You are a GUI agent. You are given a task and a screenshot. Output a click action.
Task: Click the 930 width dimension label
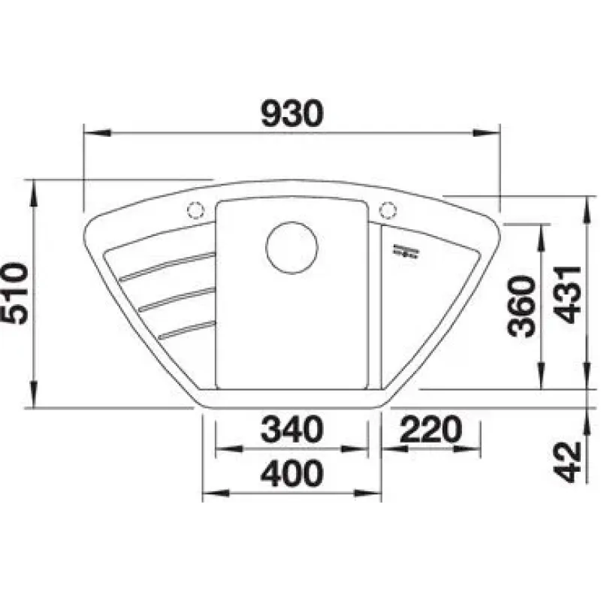coord(292,113)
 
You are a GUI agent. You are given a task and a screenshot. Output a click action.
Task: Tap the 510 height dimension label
coord(14,294)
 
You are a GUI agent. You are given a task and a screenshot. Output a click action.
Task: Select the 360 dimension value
coord(521,307)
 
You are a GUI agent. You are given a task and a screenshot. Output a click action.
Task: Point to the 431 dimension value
coord(569,294)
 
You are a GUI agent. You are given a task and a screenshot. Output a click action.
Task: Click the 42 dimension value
coord(568,462)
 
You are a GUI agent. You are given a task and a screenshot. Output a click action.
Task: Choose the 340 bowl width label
coord(292,429)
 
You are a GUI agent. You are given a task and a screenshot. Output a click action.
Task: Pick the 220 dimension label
coord(430,428)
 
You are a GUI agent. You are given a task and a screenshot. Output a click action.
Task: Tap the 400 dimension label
coord(292,473)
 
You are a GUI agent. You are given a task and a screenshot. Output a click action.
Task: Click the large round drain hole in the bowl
coord(291,248)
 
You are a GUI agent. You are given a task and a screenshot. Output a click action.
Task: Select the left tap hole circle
coord(195,210)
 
